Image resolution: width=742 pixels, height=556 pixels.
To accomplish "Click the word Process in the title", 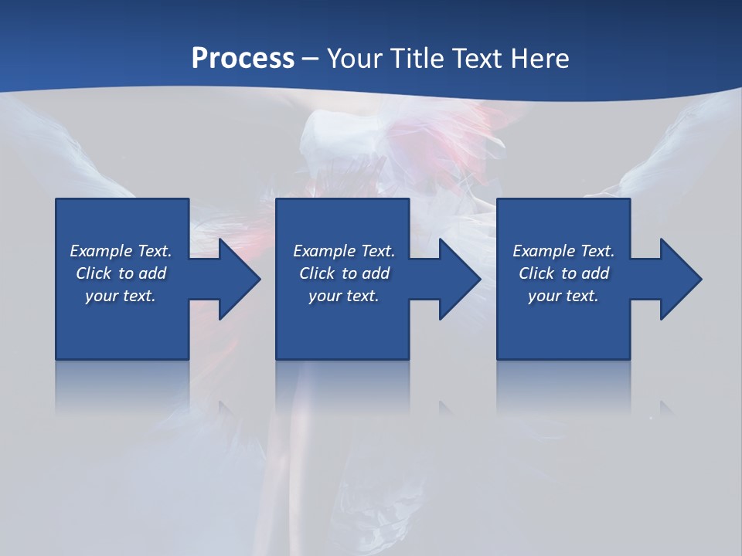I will [243, 59].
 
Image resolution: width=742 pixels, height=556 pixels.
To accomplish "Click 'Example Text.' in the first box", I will [121, 251].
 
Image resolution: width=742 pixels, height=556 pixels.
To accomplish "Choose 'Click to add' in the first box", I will [121, 273].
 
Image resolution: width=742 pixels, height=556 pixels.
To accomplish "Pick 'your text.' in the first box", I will [121, 296].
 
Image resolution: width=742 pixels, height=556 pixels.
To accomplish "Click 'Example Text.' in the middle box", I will [344, 251].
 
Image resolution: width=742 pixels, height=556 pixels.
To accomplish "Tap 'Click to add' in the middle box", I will [344, 273].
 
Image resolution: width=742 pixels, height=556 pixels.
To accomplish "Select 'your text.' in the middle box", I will [344, 296].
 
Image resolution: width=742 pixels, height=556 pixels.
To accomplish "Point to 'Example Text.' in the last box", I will [563, 251].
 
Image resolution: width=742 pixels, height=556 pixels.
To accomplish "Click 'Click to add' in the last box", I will [563, 273].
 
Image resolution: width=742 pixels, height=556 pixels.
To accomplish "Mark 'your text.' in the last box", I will [563, 296].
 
